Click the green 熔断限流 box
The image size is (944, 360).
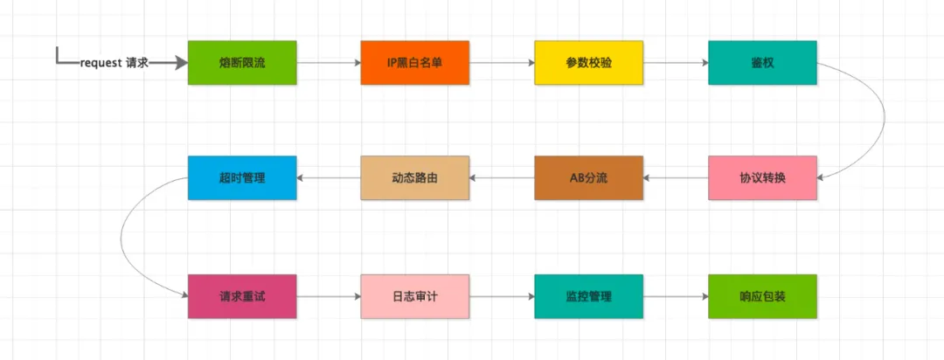click(242, 63)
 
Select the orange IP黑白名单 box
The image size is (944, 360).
click(415, 63)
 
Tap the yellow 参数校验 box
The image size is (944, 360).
click(588, 63)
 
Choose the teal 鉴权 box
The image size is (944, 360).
click(762, 63)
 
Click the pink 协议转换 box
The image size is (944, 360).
click(762, 177)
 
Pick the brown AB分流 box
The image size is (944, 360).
click(588, 177)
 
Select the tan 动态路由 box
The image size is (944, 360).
click(415, 177)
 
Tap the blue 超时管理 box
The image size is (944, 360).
click(242, 177)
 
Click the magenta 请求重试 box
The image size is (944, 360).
click(242, 296)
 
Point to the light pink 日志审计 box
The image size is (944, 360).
click(415, 296)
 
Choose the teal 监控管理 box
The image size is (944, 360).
click(588, 296)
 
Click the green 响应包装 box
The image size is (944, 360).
click(762, 296)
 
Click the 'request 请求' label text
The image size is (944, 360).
click(115, 63)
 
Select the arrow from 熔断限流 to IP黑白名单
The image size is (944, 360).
click(329, 63)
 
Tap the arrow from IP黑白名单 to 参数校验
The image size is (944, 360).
click(502, 63)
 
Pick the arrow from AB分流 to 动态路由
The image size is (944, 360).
click(502, 177)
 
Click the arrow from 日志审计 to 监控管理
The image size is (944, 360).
click(502, 296)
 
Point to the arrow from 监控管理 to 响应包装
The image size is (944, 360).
click(675, 296)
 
